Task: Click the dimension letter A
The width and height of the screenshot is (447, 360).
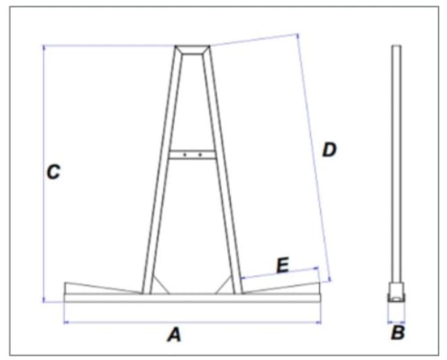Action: pos(174,334)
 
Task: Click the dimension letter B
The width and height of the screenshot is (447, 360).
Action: pos(398,332)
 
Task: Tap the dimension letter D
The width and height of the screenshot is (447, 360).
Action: pos(328,150)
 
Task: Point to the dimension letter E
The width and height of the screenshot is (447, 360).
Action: pos(282,265)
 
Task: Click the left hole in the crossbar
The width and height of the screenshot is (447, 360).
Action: pos(185,155)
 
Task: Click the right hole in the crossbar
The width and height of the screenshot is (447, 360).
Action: pos(200,155)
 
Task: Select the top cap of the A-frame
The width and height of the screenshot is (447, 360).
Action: pos(193,49)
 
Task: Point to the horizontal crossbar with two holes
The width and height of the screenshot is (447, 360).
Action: pos(193,155)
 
